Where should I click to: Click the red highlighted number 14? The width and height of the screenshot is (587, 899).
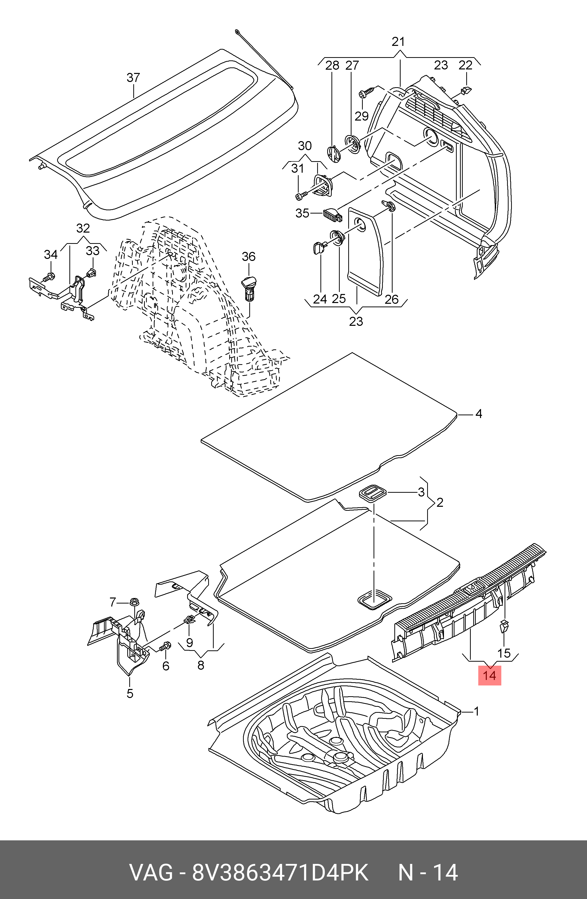[490, 675]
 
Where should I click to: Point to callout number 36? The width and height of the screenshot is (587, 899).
[248, 257]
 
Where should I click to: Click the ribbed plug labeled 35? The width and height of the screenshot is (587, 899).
[332, 215]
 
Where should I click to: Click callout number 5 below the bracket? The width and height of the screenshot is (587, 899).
[130, 693]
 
